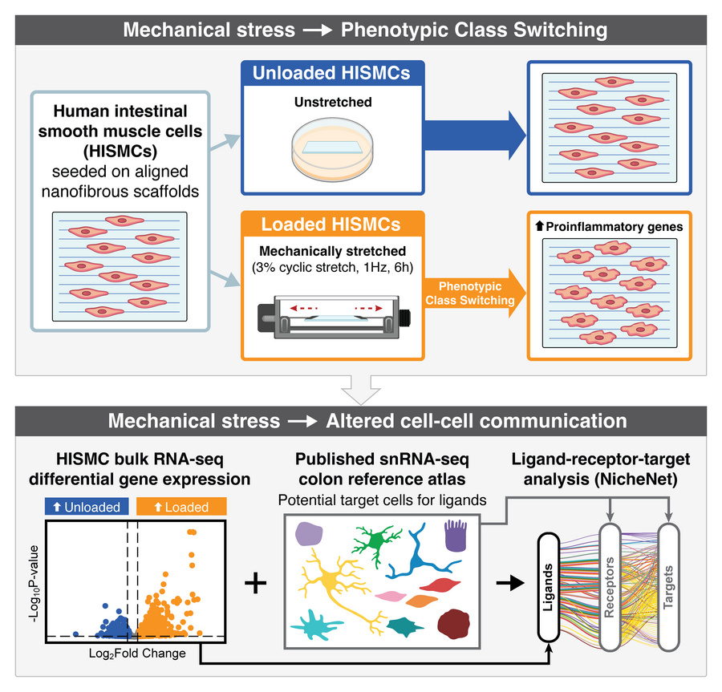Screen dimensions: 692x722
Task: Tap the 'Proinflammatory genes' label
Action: click(x=606, y=227)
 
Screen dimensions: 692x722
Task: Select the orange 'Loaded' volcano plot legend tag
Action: click(x=181, y=507)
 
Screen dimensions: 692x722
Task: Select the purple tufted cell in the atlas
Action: click(x=456, y=535)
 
